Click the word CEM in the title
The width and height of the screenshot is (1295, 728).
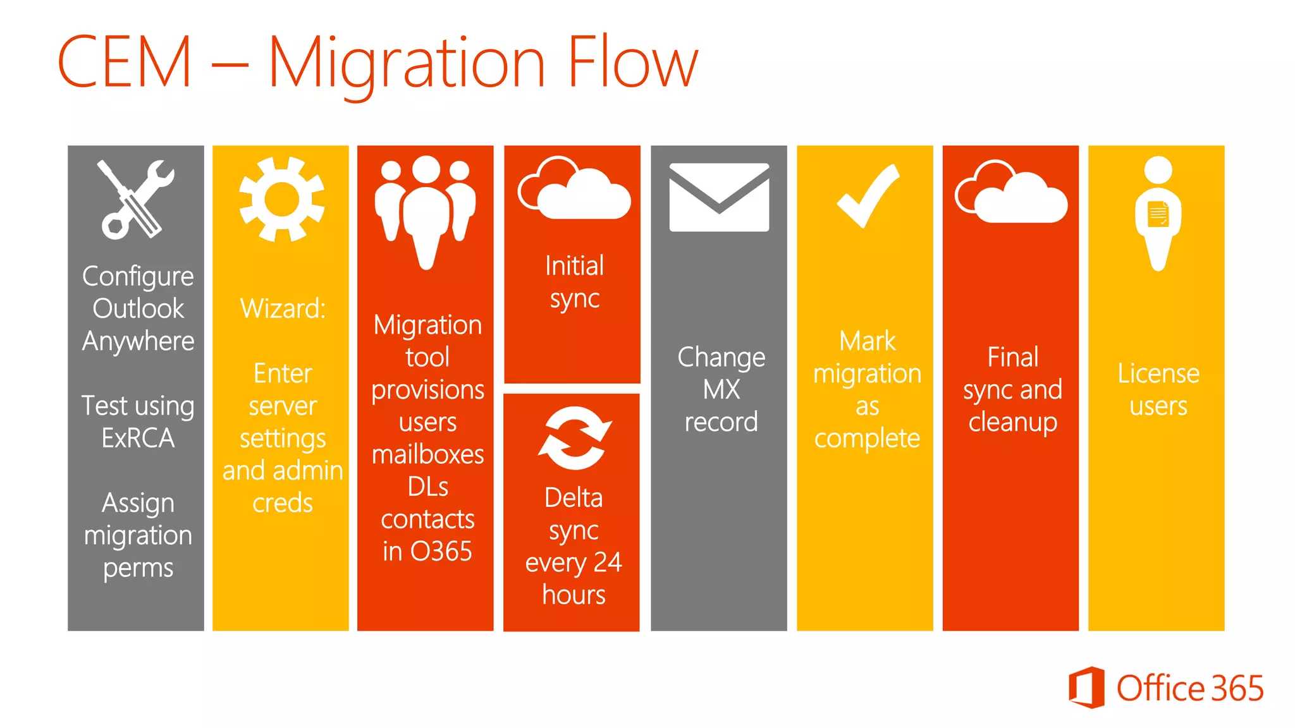(x=125, y=62)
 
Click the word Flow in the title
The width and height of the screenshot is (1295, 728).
(x=633, y=62)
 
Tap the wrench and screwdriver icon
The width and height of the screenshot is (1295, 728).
(x=137, y=199)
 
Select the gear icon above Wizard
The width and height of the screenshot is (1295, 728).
(x=281, y=199)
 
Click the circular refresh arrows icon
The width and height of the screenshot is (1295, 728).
(x=574, y=438)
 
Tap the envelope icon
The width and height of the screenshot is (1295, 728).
(x=719, y=197)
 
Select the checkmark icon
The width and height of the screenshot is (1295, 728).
(x=867, y=196)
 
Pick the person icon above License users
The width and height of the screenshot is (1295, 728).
(x=1158, y=212)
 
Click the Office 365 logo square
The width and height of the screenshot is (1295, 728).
(x=1086, y=687)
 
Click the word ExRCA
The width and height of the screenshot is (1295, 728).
(x=138, y=438)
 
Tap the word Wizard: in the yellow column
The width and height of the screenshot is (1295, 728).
(x=283, y=309)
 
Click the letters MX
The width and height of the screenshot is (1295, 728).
(x=721, y=390)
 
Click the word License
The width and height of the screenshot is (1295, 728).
(x=1158, y=373)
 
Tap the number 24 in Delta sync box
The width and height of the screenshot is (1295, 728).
(x=607, y=562)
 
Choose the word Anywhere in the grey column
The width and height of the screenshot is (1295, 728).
(x=138, y=341)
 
